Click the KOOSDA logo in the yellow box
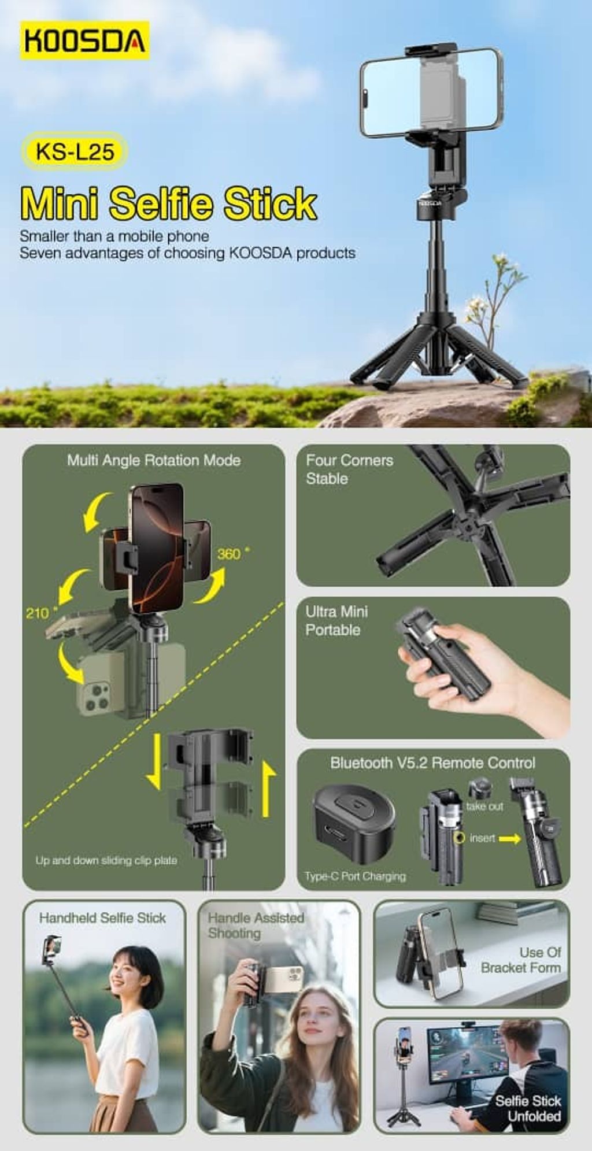coord(85,40)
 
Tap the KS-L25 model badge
coord(75,151)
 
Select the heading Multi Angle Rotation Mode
coord(154,461)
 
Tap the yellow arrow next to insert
coord(509,839)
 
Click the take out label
coord(484,806)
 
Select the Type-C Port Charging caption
coord(355,876)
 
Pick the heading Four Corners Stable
coord(349,469)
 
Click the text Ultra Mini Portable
coord(336,621)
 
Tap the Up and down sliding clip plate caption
coord(106,860)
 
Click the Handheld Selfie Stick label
coord(102,917)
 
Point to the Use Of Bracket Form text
coord(521,960)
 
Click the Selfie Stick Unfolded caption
coord(528,1108)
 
